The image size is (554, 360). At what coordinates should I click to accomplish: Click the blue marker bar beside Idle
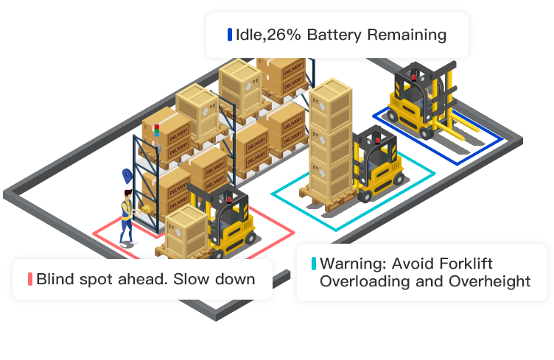pos(230,35)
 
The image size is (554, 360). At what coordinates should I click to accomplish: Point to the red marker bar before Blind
pos(30,279)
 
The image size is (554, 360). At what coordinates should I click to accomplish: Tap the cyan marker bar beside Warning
pos(314,264)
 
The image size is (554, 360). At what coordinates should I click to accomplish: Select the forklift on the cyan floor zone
pos(376,166)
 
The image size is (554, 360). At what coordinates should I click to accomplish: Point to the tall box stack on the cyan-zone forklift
pos(329,140)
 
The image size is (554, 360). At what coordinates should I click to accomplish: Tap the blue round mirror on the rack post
pos(126,175)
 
